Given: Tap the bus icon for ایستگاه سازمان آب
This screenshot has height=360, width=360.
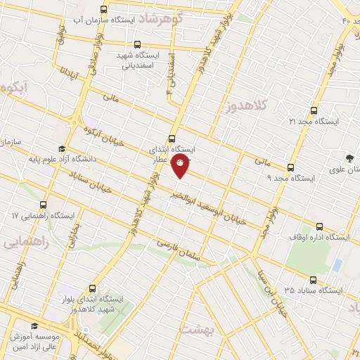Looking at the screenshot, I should click(104, 10).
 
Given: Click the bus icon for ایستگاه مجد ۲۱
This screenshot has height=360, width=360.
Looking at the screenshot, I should click(314, 111).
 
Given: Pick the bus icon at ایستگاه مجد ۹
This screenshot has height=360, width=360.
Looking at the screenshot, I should click(290, 167).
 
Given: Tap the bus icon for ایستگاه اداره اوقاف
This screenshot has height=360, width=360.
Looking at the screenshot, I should click(320, 226).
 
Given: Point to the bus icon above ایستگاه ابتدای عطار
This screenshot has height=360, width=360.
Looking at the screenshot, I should click(173, 139).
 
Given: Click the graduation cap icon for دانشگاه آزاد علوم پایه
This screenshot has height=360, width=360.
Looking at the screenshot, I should click(60, 149).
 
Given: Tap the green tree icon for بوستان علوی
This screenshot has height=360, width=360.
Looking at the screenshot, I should click(349, 157).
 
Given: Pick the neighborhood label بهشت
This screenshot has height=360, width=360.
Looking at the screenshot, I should click(195, 328).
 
